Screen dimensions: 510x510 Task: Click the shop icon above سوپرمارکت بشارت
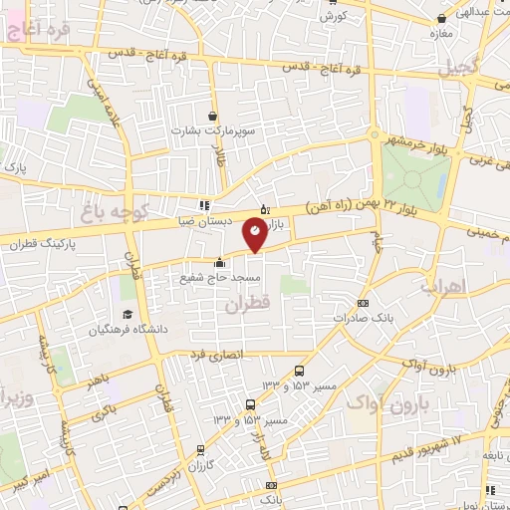tap(211, 117)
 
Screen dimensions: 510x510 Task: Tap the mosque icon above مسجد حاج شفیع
tap(219, 263)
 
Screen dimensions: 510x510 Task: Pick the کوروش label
tap(333, 17)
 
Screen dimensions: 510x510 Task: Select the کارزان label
tap(200, 466)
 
